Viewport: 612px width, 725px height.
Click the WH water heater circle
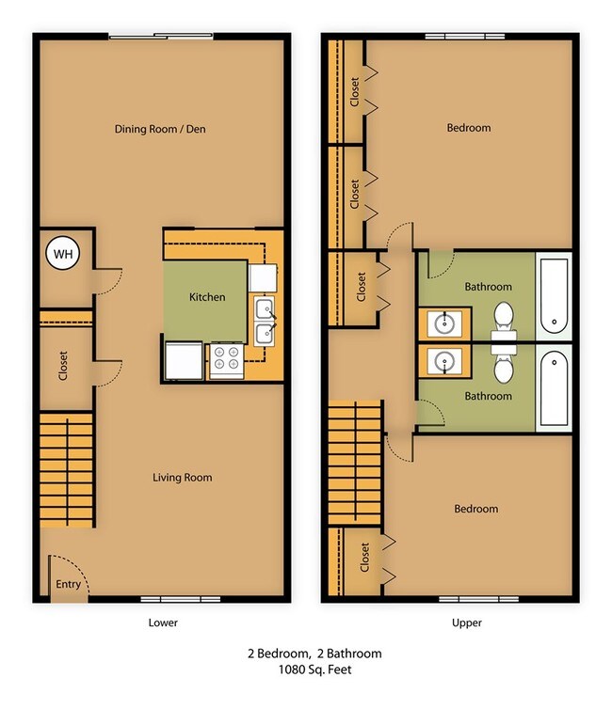pyautogui.click(x=63, y=253)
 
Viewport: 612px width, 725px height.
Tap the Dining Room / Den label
pyautogui.click(x=160, y=129)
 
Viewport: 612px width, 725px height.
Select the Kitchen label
pyautogui.click(x=207, y=297)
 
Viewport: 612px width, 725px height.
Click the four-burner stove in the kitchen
pyautogui.click(x=227, y=361)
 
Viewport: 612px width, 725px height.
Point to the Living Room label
pyautogui.click(x=183, y=477)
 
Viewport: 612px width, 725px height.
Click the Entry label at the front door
pyautogui.click(x=68, y=585)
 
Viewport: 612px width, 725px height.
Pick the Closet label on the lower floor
pyautogui.click(x=63, y=366)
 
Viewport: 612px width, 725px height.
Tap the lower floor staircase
pyautogui.click(x=67, y=470)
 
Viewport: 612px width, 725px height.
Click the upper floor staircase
pyautogui.click(x=355, y=463)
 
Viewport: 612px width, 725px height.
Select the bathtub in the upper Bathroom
pyautogui.click(x=555, y=296)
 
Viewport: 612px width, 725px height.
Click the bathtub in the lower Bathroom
pyautogui.click(x=555, y=388)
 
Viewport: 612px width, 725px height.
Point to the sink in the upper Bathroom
pyautogui.click(x=444, y=323)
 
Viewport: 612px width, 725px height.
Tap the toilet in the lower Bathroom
pyautogui.click(x=504, y=366)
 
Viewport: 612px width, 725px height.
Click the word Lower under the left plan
pyautogui.click(x=163, y=623)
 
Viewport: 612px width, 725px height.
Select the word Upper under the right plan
pyautogui.click(x=467, y=623)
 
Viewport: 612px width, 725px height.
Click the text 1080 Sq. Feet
pyautogui.click(x=314, y=670)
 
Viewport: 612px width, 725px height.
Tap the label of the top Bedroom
pyautogui.click(x=469, y=128)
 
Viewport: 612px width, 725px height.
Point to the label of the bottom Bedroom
pyautogui.click(x=475, y=509)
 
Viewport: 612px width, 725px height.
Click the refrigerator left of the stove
pyautogui.click(x=184, y=361)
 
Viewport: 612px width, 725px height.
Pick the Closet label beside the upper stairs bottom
pyautogui.click(x=364, y=558)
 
